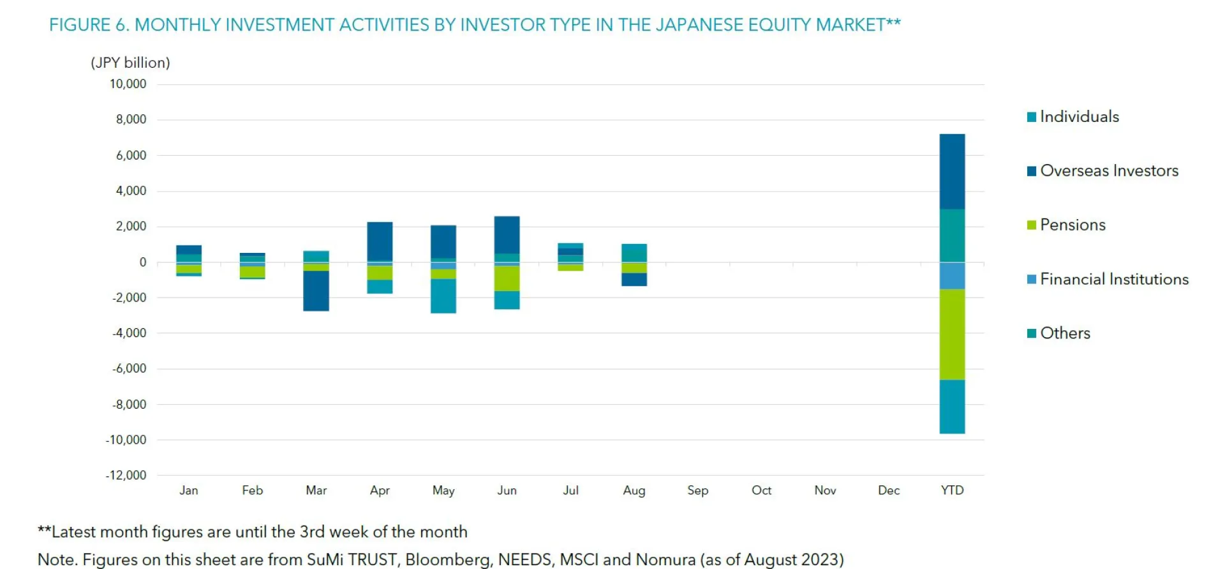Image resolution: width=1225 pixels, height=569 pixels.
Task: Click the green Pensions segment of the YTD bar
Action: [x=952, y=334]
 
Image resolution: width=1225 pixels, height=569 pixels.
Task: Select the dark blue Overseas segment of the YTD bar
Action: [x=952, y=171]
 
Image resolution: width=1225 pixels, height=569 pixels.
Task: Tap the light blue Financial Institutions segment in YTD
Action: [x=952, y=276]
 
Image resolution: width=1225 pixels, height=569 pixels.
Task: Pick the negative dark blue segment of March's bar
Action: [x=316, y=291]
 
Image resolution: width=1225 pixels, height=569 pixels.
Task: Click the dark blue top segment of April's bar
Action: [x=380, y=241]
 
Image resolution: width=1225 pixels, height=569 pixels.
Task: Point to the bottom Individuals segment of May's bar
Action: [x=443, y=296]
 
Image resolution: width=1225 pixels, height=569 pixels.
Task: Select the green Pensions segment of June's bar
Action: [x=507, y=278]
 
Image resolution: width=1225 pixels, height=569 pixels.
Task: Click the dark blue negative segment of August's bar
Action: [x=634, y=279]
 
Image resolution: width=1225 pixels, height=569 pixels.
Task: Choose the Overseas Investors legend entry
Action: [x=1108, y=171]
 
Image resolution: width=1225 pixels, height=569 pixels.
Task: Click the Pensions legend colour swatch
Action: [x=1031, y=225]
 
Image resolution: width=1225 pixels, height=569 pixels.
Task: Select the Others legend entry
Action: [x=1064, y=333]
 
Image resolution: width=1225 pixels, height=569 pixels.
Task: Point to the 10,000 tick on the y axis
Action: [x=128, y=84]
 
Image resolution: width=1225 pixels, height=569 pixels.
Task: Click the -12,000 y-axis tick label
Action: [x=126, y=475]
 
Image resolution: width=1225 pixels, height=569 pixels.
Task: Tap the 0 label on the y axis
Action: [x=143, y=262]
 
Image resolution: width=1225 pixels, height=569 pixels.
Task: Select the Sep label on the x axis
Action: [x=697, y=490]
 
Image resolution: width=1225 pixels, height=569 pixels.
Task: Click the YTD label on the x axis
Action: [x=952, y=490]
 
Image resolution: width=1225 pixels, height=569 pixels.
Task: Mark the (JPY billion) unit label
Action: [x=130, y=63]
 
